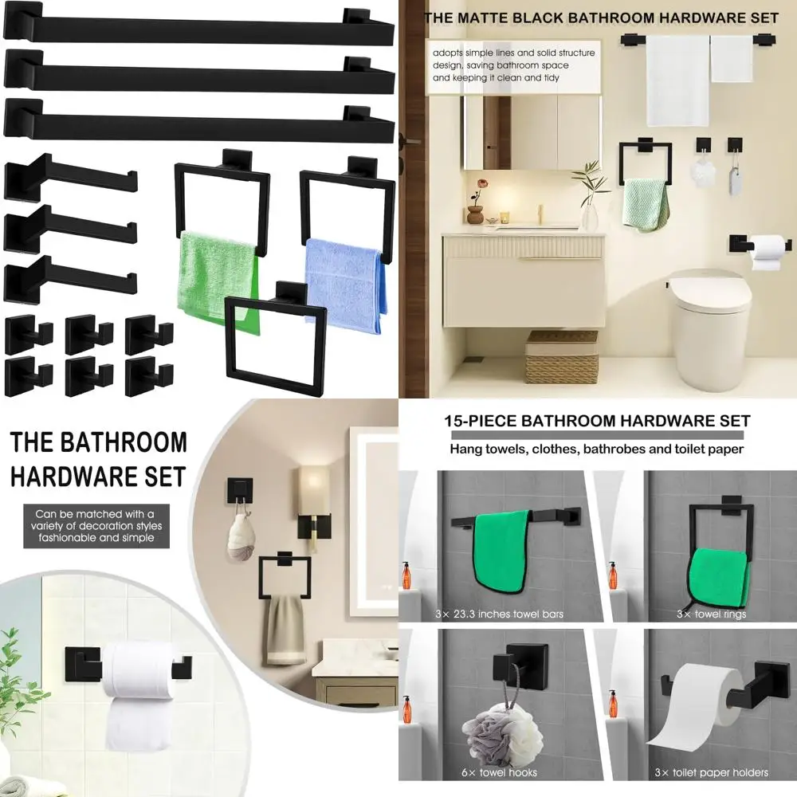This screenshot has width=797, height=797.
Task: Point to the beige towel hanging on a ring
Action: (286, 630)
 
